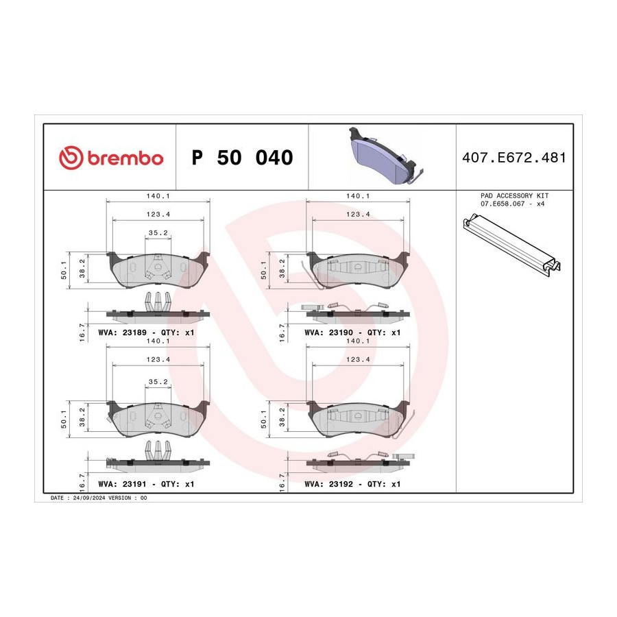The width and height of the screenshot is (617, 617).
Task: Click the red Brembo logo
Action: pyautogui.click(x=111, y=158)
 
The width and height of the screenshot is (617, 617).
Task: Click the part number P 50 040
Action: pyautogui.click(x=242, y=158)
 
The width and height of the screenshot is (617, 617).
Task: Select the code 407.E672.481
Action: pyautogui.click(x=514, y=158)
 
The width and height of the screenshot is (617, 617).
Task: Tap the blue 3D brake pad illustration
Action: pyautogui.click(x=384, y=156)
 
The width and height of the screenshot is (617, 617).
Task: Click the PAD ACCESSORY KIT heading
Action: pyautogui.click(x=514, y=195)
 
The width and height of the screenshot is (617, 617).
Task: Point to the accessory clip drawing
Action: pyautogui.click(x=512, y=243)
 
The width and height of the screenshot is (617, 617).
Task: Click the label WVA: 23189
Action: pyautogui.click(x=122, y=332)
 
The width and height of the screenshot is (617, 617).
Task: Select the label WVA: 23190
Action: pyautogui.click(x=328, y=332)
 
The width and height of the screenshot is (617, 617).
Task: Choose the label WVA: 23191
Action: pyautogui.click(x=122, y=484)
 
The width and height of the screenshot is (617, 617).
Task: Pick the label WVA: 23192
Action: pyautogui.click(x=328, y=484)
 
